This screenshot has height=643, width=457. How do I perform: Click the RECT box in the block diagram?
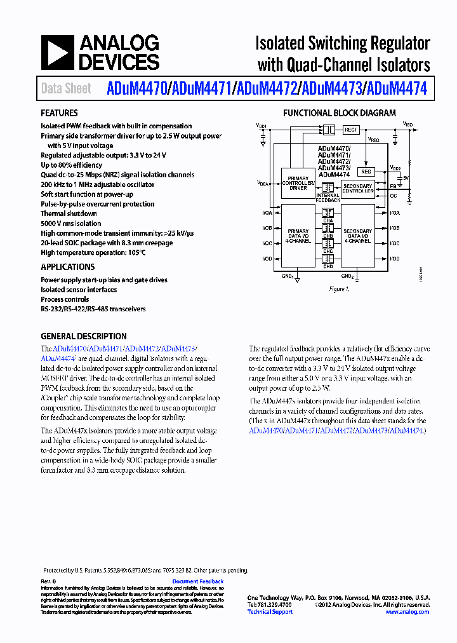(351, 130)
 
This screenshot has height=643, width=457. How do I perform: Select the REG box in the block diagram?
(366, 172)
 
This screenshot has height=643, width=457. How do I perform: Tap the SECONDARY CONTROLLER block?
(358, 189)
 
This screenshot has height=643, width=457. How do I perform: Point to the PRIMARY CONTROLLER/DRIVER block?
(298, 184)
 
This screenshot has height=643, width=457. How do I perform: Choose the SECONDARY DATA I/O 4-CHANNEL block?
(358, 236)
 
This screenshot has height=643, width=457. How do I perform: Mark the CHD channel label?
(328, 266)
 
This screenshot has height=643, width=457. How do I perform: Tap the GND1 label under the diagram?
(288, 276)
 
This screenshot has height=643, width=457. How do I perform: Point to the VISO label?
(409, 126)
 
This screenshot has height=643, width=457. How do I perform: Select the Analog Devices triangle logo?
(57, 52)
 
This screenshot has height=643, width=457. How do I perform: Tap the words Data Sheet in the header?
(66, 88)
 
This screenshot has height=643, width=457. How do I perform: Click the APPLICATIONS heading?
(67, 267)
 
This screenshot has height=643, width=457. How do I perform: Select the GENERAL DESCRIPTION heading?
(84, 336)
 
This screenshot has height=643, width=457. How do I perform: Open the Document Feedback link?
(198, 581)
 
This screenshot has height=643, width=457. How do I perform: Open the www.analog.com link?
(407, 612)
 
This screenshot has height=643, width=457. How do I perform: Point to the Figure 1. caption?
(340, 289)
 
